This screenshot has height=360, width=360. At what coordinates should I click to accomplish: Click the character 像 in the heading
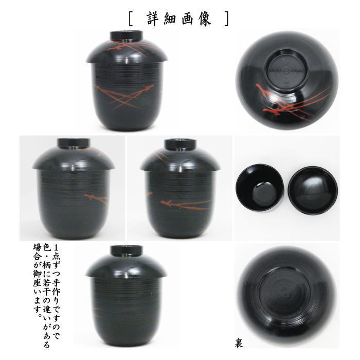pos(208,18)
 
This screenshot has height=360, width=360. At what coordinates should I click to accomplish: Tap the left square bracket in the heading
pos(132,19)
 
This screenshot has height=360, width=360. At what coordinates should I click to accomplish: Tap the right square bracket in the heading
pos(226,19)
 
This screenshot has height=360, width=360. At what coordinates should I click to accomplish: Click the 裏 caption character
pos(240,341)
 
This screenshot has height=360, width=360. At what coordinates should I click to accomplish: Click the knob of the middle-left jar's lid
pos(70,143)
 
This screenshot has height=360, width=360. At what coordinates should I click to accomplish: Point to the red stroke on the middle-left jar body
pos(95,196)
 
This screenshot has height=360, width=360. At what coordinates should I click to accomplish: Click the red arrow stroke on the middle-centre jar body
pos(180,205)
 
